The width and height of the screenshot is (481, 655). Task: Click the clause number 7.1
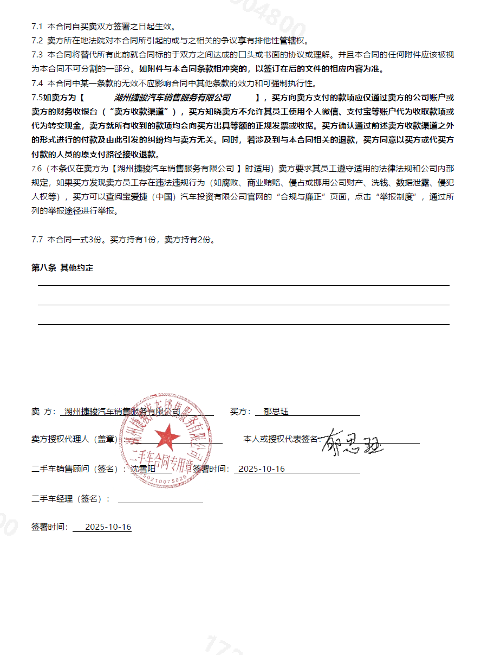37,26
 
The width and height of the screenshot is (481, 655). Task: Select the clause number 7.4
37,84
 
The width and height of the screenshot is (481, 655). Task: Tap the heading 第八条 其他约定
62,268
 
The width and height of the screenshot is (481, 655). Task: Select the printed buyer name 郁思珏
276,412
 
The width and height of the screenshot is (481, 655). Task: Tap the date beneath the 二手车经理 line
108,527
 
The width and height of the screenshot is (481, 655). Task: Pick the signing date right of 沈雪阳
262,469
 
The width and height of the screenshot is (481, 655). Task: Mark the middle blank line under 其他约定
243,304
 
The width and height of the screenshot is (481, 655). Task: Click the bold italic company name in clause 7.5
172,98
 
